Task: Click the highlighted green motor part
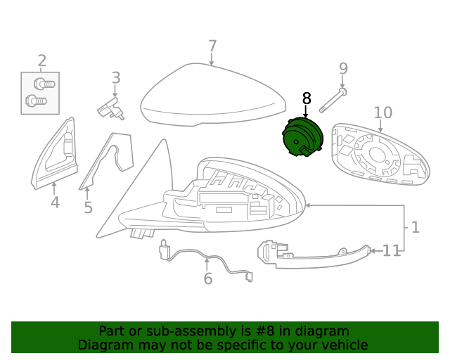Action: [x=303, y=137]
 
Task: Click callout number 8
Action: [x=307, y=98]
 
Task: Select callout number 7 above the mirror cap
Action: [x=212, y=46]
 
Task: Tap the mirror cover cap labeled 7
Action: [x=213, y=95]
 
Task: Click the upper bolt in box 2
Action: [x=44, y=84]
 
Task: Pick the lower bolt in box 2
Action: [x=36, y=101]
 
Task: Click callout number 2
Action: [x=42, y=61]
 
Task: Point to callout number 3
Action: [x=115, y=78]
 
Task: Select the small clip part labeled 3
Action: [x=111, y=109]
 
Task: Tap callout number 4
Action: [x=55, y=202]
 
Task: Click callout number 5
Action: [x=88, y=207]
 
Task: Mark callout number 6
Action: [x=208, y=278]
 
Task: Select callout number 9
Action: [x=344, y=68]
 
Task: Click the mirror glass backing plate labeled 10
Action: [x=380, y=155]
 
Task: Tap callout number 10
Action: [x=382, y=112]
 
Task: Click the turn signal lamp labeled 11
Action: [x=314, y=255]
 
